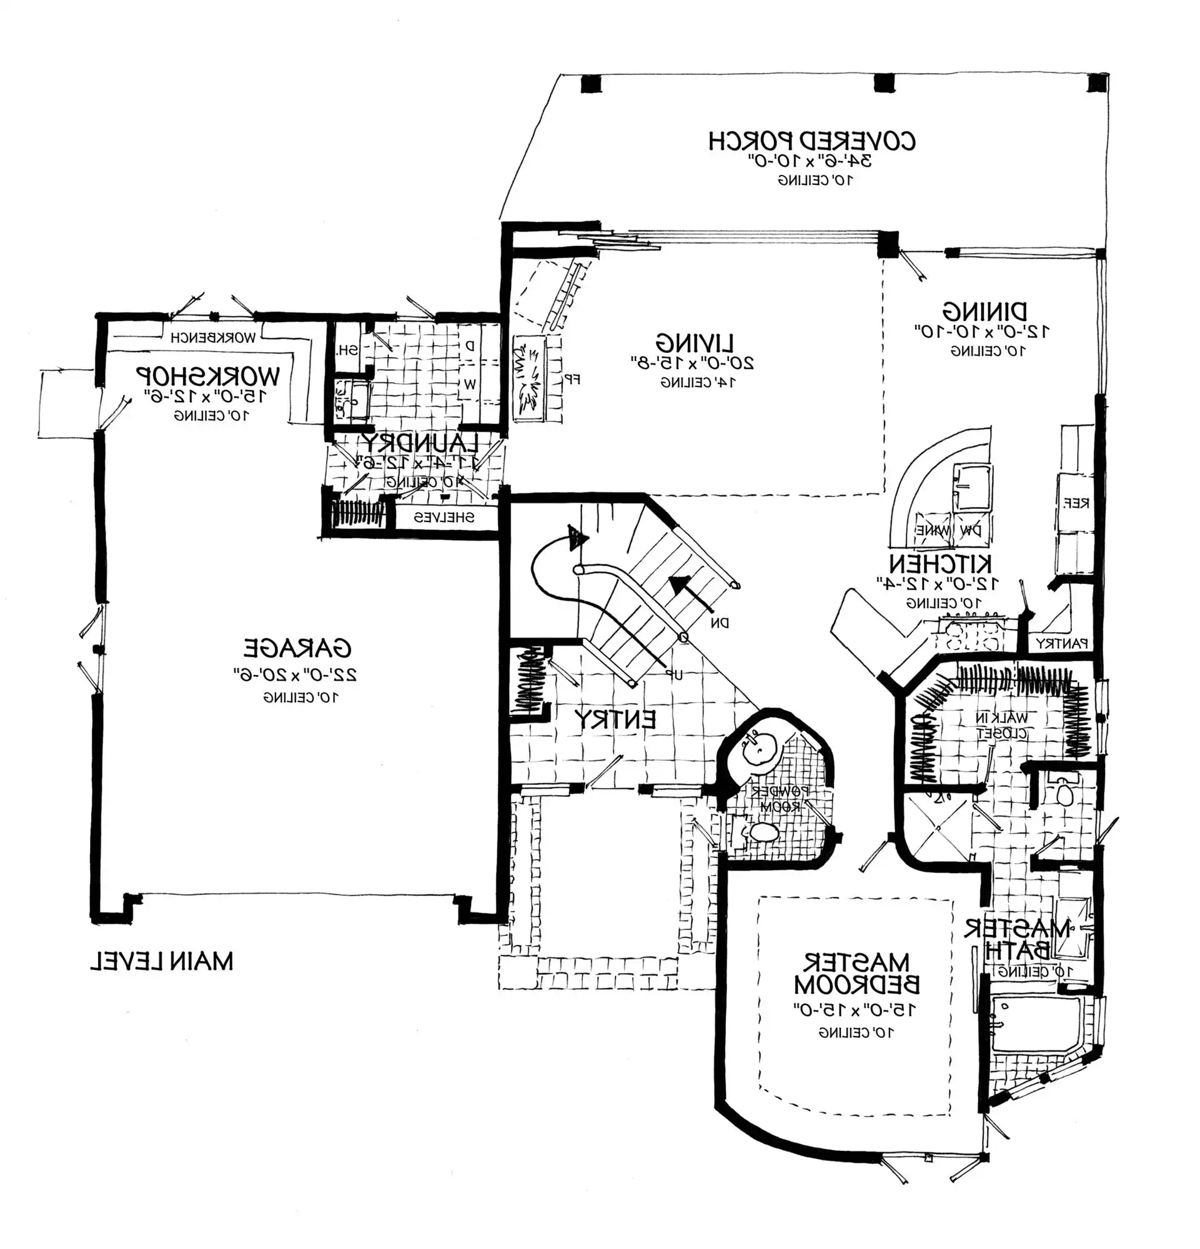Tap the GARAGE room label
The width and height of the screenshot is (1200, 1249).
pos(297,648)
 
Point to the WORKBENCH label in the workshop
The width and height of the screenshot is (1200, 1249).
pos(213,338)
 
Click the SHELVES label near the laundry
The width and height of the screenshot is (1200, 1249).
pos(444,518)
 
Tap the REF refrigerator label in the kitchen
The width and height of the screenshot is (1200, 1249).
pos(1076,503)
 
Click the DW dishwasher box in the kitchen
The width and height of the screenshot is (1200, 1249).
pos(969,530)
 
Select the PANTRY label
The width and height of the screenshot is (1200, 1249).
pos(1061,644)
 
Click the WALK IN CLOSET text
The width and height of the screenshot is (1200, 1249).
pos(1002,725)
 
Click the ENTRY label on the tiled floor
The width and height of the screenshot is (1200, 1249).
pos(614,719)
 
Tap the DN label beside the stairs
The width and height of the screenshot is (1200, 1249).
pos(720,623)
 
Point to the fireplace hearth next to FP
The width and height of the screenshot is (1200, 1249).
pos(529,380)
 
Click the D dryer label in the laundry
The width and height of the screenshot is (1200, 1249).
pos(470,346)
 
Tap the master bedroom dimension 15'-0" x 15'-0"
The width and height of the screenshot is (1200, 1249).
pos(855,1009)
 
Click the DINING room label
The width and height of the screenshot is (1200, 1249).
pos(984,312)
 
